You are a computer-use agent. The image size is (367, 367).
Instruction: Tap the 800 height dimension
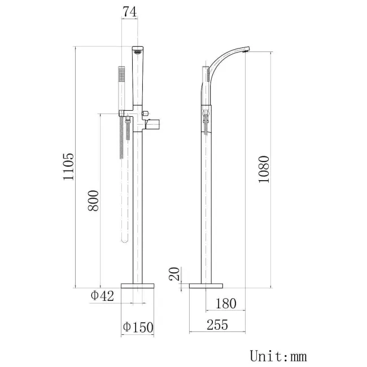click(94, 200)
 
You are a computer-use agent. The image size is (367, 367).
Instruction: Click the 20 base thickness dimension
click(175, 274)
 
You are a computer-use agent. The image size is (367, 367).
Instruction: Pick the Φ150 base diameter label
click(138, 327)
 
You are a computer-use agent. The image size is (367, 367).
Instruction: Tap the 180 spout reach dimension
click(225, 304)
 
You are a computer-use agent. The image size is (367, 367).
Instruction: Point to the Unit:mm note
click(278, 356)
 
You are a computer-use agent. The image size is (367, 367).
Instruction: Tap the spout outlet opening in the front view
click(137, 52)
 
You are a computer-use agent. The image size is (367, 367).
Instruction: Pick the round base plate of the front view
click(138, 285)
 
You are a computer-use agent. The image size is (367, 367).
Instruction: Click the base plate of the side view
click(203, 285)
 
